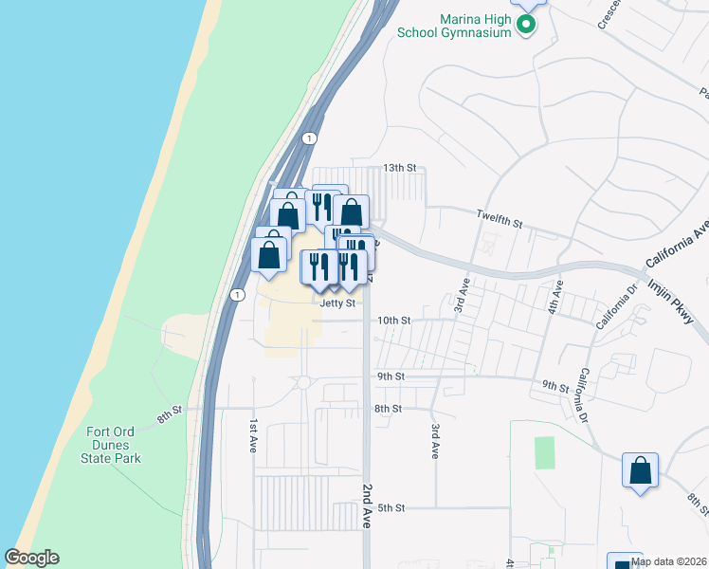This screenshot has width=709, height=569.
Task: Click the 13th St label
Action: [399, 168]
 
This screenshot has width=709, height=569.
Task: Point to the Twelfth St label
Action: [500, 222]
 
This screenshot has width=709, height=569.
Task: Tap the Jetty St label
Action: [337, 303]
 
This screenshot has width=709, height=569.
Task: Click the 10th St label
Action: [393, 321]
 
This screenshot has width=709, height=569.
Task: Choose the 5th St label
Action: [391, 508]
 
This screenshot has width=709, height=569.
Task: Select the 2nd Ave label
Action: [368, 505]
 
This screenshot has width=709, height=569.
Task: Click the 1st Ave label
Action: [253, 435]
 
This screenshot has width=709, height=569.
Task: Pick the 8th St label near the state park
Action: [169, 415]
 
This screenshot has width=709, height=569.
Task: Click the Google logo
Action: [31, 558]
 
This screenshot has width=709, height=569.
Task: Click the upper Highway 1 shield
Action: [309, 138]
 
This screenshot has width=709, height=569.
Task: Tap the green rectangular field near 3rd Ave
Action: [544, 452]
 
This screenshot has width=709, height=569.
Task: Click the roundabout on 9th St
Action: [303, 382]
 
